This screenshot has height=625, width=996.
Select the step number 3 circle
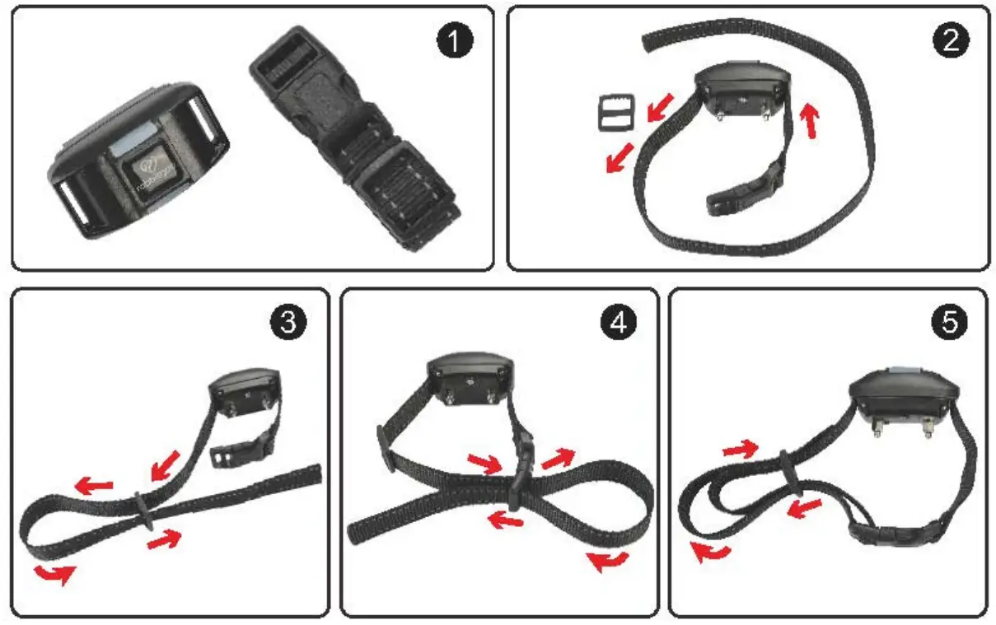coord(288,322)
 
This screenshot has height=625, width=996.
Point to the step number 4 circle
coord(618,323)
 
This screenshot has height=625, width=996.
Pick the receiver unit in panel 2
coord(742,88)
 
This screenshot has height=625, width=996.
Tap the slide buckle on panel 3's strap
coord(144,512)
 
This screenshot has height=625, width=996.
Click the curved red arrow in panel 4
coord(608,562)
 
